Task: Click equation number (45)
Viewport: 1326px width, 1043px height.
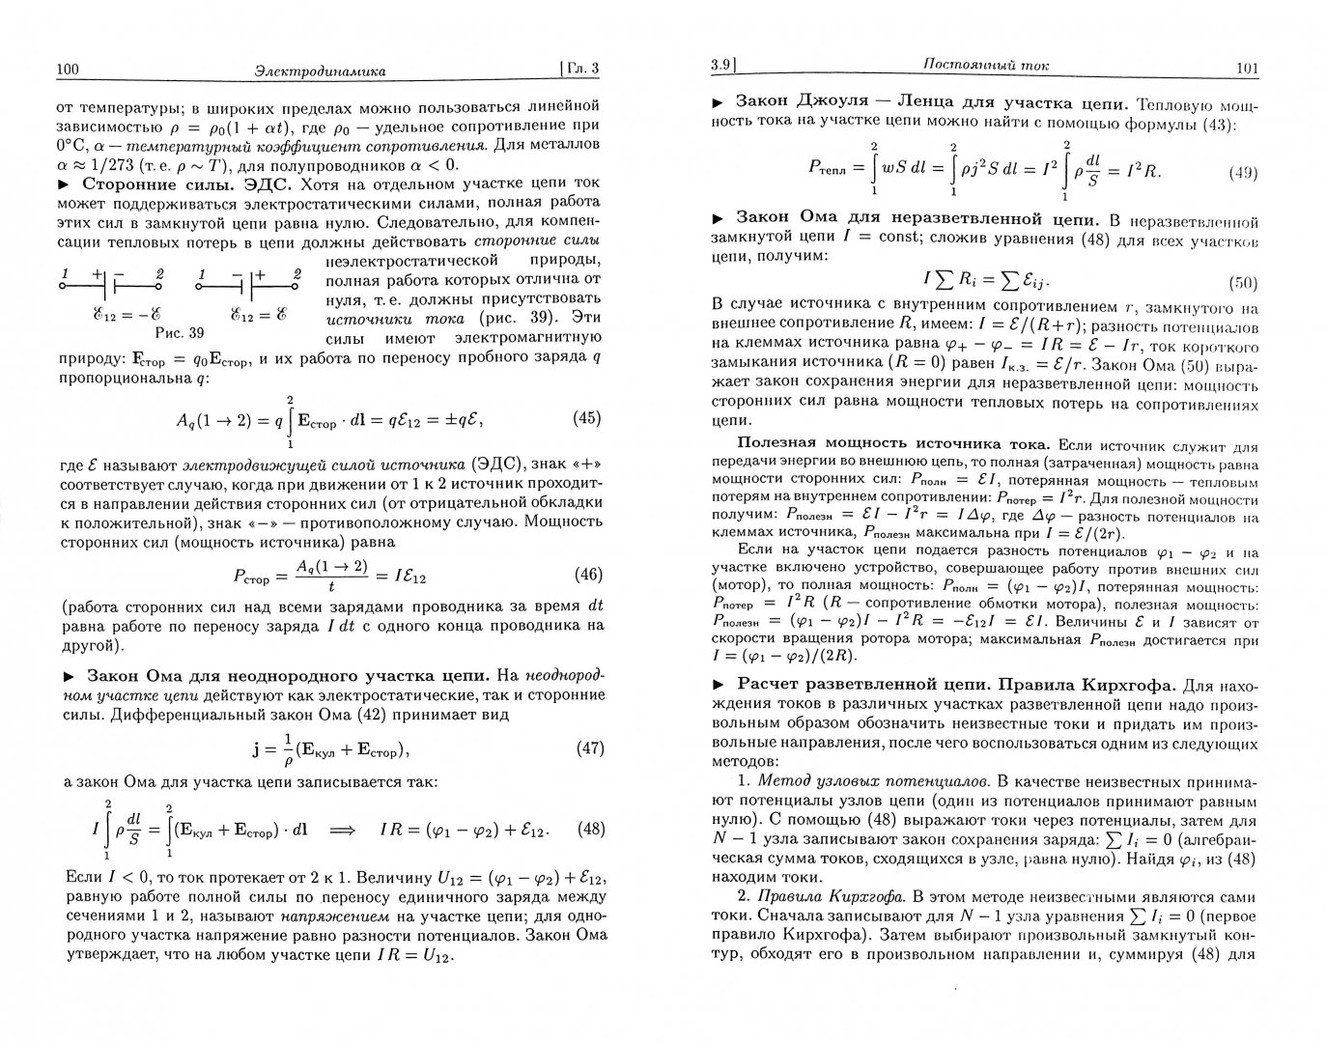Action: click(x=580, y=418)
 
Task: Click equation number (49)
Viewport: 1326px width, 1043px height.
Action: click(x=1240, y=173)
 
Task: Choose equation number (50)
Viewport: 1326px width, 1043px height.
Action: click(x=1240, y=283)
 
